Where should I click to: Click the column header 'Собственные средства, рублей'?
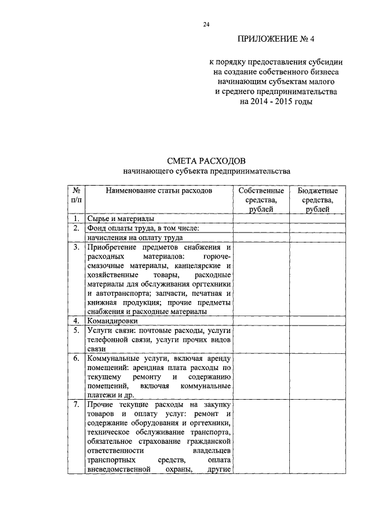[x=261, y=200]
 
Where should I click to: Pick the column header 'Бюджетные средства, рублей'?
[x=317, y=200]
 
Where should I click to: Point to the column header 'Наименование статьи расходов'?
[x=158, y=190]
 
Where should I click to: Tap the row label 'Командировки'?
[x=112, y=320]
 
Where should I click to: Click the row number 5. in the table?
[x=76, y=330]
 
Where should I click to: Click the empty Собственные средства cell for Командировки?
[x=261, y=320]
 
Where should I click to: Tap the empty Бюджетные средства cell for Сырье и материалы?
[x=317, y=219]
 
